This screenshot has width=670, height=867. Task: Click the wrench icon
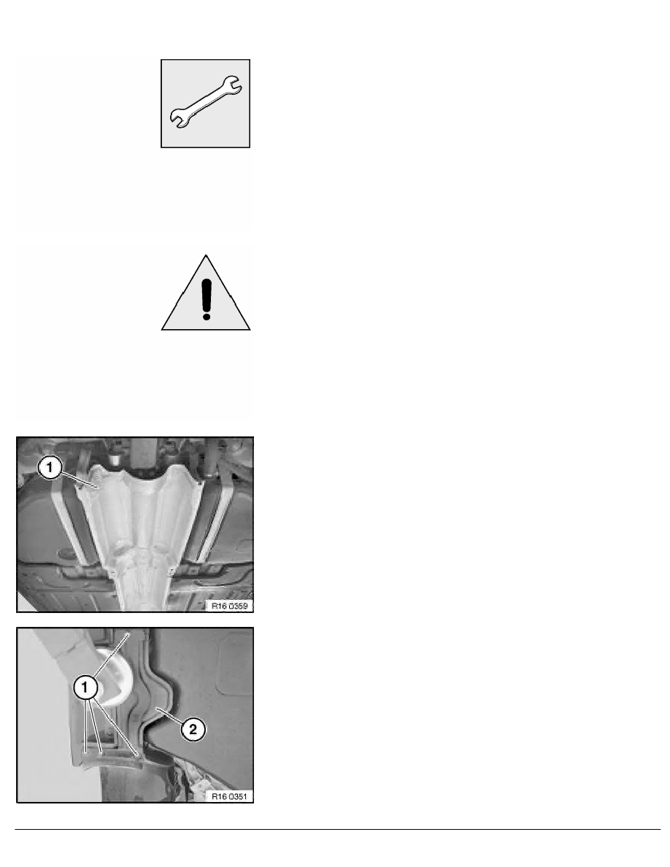[205, 104]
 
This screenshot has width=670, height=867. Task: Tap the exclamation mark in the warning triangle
[207, 298]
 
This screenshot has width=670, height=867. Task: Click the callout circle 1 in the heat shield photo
[49, 468]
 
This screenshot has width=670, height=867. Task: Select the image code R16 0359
[229, 606]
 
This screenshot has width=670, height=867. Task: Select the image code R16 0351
[229, 797]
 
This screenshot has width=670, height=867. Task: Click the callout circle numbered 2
[193, 729]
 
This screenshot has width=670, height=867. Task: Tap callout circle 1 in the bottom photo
[85, 688]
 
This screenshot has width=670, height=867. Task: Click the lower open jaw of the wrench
[177, 120]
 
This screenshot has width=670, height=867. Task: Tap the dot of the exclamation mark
[207, 316]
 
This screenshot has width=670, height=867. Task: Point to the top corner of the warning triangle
[207, 255]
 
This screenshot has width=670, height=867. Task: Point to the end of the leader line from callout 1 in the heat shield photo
[98, 488]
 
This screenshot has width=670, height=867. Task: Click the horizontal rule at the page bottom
[338, 829]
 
